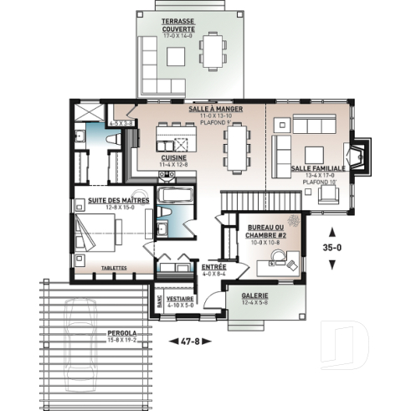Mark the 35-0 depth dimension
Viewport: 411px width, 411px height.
coord(333,247)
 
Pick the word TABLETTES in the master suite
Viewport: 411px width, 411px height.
coord(114,268)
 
